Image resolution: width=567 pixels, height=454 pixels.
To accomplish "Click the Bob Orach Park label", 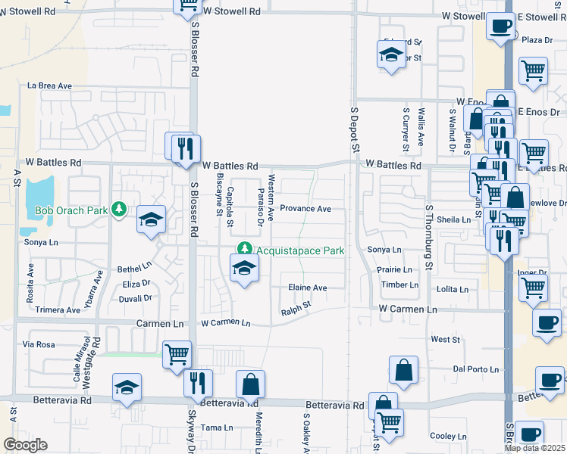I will coord(69,210).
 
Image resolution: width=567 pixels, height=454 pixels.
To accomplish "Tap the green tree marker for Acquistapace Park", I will coord(244,248).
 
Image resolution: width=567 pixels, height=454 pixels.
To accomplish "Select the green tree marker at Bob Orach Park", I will coord(118,208).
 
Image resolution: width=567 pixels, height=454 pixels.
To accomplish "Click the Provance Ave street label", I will coord(305,209).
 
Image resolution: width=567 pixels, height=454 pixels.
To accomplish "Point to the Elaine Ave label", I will coord(307,288).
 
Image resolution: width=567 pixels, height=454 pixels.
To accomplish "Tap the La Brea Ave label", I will coord(49,86).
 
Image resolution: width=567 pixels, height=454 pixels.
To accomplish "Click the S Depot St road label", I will coord(353,130).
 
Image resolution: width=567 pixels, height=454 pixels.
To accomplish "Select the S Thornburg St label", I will coord(428,235).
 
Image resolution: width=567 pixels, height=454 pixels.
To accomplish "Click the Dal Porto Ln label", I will coord(476,369).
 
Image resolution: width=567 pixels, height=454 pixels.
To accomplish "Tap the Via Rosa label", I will coord(39,344).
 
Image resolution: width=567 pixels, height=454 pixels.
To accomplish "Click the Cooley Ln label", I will coord(448,436).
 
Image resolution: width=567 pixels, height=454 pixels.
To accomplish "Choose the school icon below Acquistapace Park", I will coord(244,268).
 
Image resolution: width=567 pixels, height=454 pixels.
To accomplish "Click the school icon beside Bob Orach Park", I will coord(151,220).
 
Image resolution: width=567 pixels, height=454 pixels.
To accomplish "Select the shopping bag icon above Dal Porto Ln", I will coord(404,370).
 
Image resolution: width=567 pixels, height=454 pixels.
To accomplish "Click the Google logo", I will coord(24,445).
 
